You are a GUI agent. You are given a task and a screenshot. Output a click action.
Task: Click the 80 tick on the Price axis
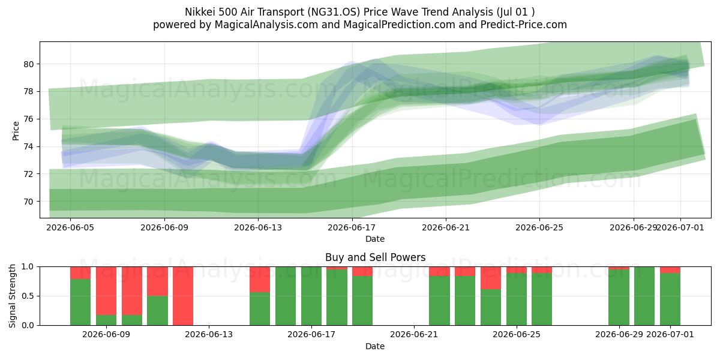29,64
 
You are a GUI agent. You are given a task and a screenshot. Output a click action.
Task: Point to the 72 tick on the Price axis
29,174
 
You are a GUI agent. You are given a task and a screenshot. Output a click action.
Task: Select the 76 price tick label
29,119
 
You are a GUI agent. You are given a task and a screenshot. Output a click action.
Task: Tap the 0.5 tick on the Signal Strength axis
28,296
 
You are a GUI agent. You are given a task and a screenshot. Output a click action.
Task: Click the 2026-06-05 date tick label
70,227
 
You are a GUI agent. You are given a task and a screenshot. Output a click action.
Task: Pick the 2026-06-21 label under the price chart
445,227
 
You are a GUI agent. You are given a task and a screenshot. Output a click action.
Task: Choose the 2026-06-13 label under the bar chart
209,334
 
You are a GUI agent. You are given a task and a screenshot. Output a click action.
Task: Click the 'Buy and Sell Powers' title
375,257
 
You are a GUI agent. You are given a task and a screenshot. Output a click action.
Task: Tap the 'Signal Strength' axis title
12,296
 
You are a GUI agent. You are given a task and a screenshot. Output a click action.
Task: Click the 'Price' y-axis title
16,131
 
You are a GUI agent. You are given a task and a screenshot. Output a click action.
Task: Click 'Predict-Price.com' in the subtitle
524,25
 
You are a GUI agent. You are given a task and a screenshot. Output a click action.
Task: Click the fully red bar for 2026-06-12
183,296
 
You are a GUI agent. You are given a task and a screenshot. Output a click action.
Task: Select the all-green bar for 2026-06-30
644,296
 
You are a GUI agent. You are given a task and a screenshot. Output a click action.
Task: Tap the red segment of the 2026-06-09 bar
106,291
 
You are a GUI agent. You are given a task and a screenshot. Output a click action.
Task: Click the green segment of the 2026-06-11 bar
157,311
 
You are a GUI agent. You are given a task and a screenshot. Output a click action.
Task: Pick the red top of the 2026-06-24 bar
491,278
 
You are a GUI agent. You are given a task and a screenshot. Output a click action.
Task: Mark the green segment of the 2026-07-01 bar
670,299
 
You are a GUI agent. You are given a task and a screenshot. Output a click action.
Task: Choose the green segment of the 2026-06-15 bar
260,309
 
